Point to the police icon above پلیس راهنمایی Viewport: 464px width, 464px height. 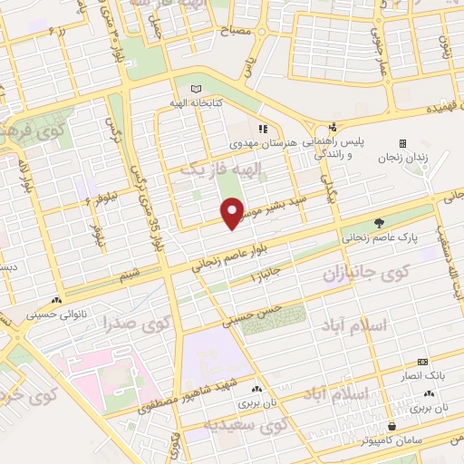(333, 127)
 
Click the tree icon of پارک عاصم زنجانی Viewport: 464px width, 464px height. (379, 222)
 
